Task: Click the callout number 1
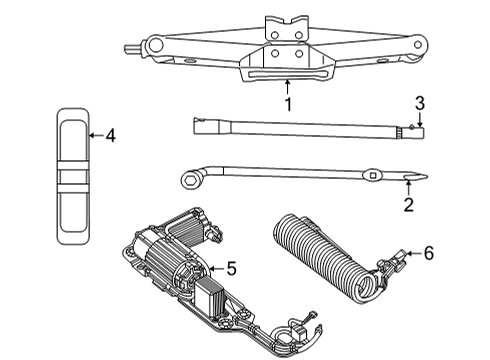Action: (287, 103)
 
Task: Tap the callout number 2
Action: (408, 206)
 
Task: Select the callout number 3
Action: (420, 102)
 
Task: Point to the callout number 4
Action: (110, 136)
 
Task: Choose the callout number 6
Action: (428, 254)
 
